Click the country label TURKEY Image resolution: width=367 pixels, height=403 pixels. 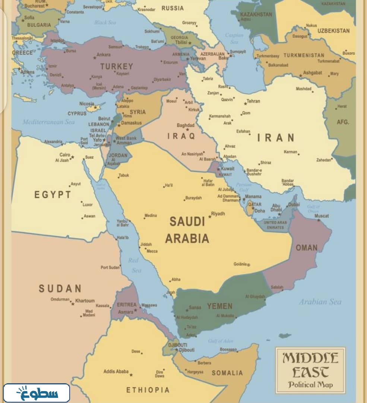(116, 67)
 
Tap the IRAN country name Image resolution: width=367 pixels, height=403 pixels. (276, 138)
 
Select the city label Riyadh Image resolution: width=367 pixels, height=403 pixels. (218, 214)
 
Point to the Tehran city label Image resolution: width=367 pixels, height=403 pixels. (253, 101)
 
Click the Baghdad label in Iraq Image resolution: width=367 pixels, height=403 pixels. (186, 125)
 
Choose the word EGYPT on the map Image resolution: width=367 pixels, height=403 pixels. (53, 194)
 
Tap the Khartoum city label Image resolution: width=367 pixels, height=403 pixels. (85, 301)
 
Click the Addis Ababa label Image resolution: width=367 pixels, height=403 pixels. (116, 371)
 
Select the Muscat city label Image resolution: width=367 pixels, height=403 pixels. (322, 216)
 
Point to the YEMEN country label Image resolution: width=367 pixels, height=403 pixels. (220, 306)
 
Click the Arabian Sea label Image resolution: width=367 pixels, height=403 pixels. (320, 302)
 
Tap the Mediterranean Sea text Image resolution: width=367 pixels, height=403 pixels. (48, 122)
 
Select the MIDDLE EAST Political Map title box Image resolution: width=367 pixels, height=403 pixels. (310, 370)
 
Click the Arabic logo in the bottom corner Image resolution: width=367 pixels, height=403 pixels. (37, 393)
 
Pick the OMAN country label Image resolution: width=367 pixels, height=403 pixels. (307, 247)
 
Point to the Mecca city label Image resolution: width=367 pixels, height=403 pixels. (152, 251)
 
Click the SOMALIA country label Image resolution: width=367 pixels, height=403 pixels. (227, 373)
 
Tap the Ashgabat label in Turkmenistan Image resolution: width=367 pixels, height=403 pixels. (312, 73)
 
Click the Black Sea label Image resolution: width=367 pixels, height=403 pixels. (105, 22)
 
